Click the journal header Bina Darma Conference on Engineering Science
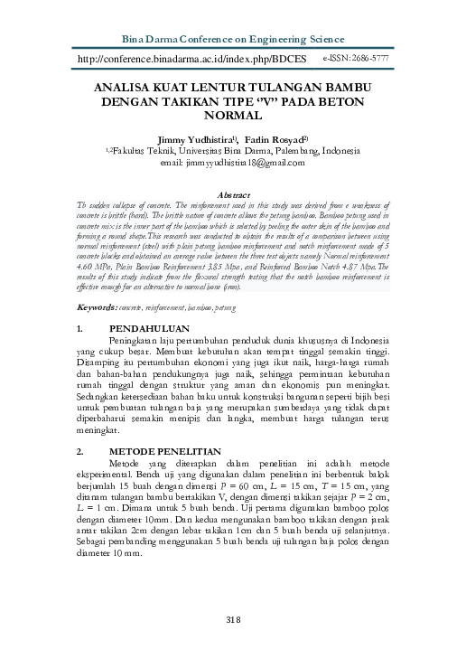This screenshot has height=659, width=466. pyautogui.click(x=233, y=40)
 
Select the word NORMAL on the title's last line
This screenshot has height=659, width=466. pyautogui.click(x=233, y=117)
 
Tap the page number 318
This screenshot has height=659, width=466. pyautogui.click(x=233, y=618)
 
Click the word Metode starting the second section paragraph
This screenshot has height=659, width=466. pyautogui.click(x=129, y=463)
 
